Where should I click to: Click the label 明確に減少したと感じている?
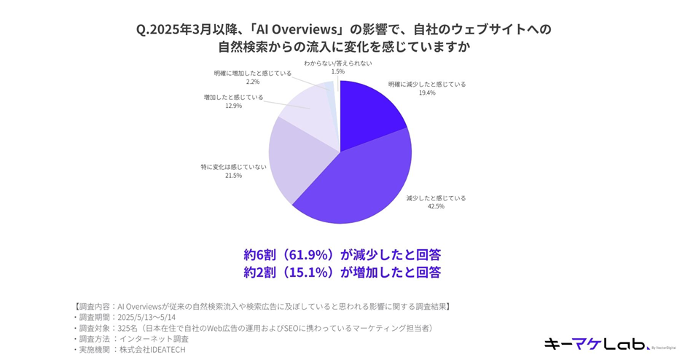426,84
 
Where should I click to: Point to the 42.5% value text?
436,206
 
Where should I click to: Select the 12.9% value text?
233,106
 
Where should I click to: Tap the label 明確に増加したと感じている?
252,74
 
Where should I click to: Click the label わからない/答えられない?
338,63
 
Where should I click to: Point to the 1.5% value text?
338,71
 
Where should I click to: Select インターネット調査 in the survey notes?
154,339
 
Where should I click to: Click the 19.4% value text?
426,93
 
